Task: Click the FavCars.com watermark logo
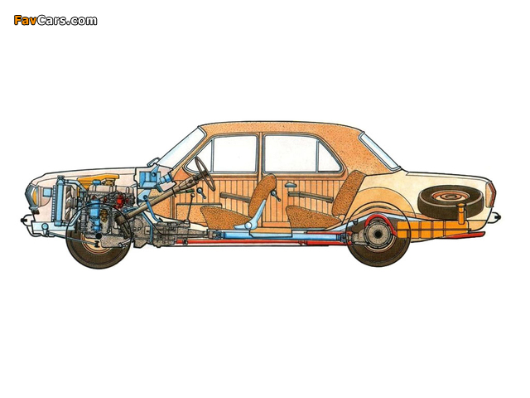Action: point(55,21)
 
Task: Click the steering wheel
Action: point(205,173)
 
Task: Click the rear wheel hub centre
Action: point(377,234)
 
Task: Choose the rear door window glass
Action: point(301,154)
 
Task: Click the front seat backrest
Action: point(263,193)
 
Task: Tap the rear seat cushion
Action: point(312,216)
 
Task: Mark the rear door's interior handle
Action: point(289,186)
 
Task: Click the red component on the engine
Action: point(119,201)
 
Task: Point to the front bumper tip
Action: point(23,220)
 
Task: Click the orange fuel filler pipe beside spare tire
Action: point(460,214)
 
